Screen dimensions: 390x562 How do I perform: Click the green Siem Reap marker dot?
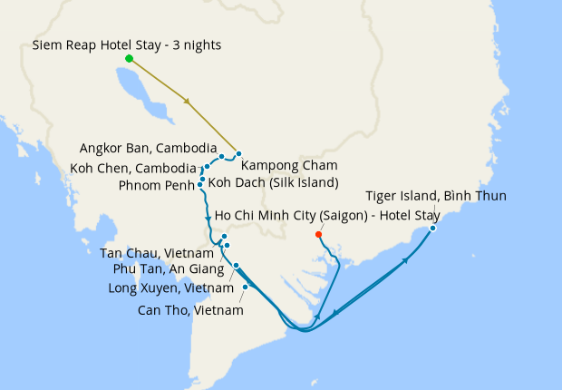pyautogui.click(x=129, y=59)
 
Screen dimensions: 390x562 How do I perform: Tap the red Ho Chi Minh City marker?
pyautogui.click(x=318, y=235)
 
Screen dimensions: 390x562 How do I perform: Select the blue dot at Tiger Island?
pyautogui.click(x=432, y=228)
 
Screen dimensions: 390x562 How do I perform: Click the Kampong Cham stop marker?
pyautogui.click(x=238, y=154)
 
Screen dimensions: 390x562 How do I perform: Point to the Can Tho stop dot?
pyautogui.click(x=246, y=287)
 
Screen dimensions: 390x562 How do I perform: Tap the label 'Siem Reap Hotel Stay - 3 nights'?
pyautogui.click(x=127, y=44)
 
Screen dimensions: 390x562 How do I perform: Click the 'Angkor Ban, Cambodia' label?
pyautogui.click(x=148, y=148)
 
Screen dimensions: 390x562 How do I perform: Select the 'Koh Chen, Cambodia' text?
pyautogui.click(x=133, y=168)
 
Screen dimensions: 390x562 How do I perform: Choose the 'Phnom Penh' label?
pyautogui.click(x=156, y=186)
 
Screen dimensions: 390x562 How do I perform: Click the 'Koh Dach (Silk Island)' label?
pyautogui.click(x=273, y=182)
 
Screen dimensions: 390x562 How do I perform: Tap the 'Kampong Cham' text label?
pyautogui.click(x=289, y=165)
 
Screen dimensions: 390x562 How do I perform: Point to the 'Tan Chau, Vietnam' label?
pyautogui.click(x=157, y=253)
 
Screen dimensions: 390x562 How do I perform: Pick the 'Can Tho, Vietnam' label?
pyautogui.click(x=190, y=310)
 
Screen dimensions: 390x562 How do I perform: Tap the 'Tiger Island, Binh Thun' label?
pyautogui.click(x=435, y=196)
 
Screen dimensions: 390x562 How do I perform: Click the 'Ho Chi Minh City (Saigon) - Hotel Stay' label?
pyautogui.click(x=327, y=215)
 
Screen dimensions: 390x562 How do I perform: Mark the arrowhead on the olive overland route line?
pyautogui.click(x=187, y=102)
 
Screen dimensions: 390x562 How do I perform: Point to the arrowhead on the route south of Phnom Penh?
pyautogui.click(x=208, y=219)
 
